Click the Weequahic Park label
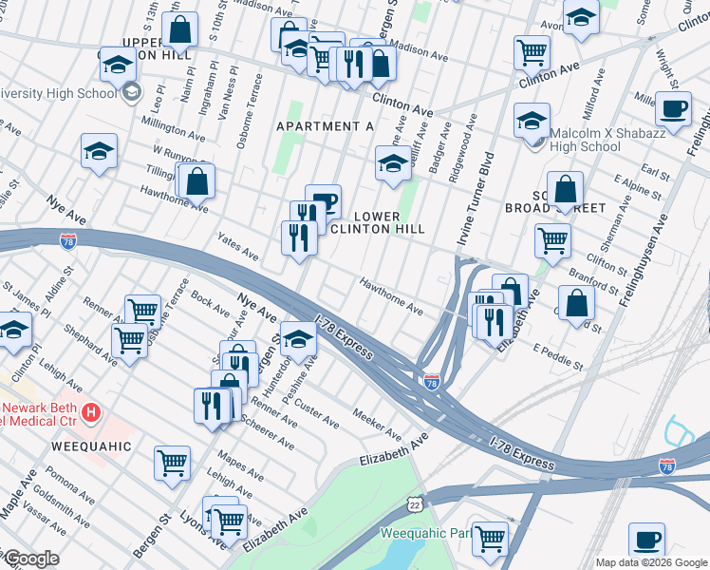pos(425,534)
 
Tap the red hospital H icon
pos(91,413)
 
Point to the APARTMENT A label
pos(325,126)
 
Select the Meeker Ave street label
pos(377,424)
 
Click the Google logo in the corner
pos(30,559)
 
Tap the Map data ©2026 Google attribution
pos(651,562)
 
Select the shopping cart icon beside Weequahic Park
pos(491,537)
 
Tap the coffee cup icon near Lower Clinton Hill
pos(324,200)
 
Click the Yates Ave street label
pos(237,248)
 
